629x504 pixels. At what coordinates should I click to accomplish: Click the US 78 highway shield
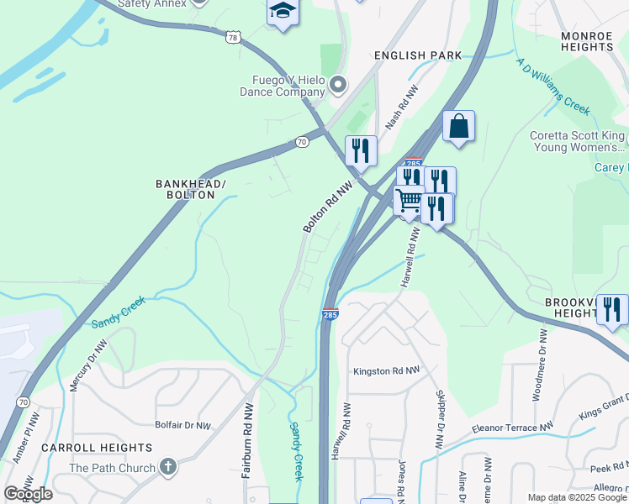pyautogui.click(x=233, y=37)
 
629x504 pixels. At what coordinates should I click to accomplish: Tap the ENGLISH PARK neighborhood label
pyautogui.click(x=418, y=55)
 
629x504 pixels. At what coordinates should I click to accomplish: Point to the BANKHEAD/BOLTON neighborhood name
pyautogui.click(x=191, y=189)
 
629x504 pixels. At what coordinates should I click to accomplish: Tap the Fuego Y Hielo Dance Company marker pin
pyautogui.click(x=338, y=84)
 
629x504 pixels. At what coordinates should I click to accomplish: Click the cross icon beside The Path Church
pyautogui.click(x=167, y=467)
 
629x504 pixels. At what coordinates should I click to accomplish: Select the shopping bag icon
pyautogui.click(x=458, y=127)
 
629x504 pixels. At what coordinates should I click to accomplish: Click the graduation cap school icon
pyautogui.click(x=283, y=11)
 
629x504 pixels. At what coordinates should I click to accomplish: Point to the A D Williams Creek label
pyautogui.click(x=553, y=87)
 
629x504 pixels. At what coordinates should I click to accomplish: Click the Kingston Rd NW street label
pyautogui.click(x=386, y=371)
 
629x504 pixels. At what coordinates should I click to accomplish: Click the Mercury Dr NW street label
pyautogui.click(x=88, y=366)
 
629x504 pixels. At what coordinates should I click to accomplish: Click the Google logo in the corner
pyautogui.click(x=28, y=493)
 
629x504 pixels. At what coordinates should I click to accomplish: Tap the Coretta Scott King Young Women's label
pyautogui.click(x=577, y=141)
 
